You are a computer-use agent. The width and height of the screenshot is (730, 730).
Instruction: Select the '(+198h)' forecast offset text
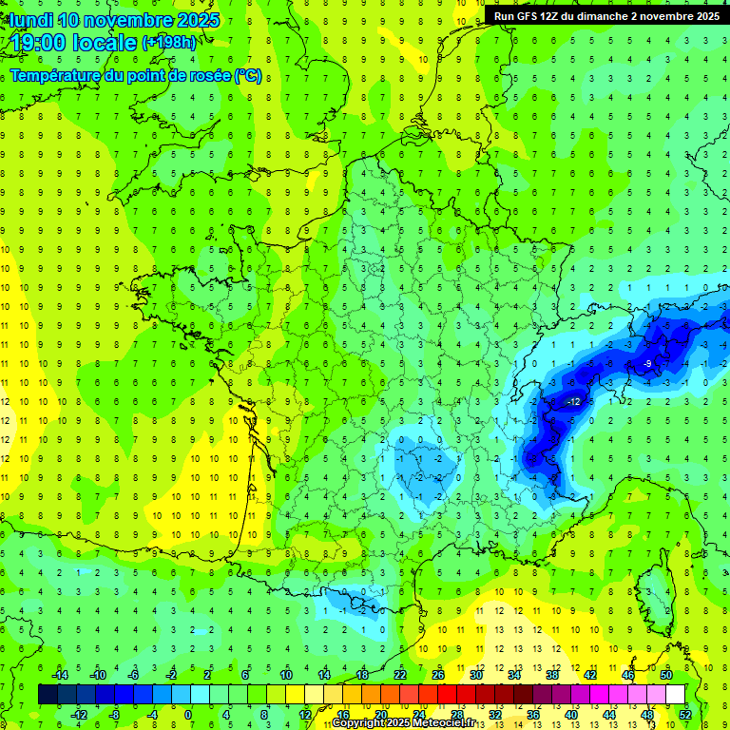coord(168,43)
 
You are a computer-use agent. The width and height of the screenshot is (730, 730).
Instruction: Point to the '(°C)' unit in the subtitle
coord(248,75)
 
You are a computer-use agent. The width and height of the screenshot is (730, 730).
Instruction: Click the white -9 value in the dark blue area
coord(646,364)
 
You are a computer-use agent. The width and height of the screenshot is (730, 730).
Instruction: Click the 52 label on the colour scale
coord(685,714)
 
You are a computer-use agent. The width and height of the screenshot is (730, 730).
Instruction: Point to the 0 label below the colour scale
coord(188,714)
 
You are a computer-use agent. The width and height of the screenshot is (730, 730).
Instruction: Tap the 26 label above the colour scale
coord(438,675)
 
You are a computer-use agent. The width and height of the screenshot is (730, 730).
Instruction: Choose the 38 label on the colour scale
coord(551,675)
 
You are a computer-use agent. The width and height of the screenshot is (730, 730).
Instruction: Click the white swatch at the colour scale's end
coord(676,695)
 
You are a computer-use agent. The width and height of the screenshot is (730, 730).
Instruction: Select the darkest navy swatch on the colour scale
coord(48,695)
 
